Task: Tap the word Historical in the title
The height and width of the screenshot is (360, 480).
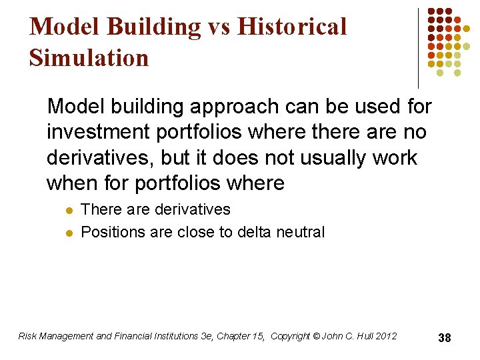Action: pos(292,27)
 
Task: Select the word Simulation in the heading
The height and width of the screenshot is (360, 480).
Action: pos(89,58)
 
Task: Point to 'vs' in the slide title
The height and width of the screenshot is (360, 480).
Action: pos(217,27)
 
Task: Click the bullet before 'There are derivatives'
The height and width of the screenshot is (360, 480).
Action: pos(67,210)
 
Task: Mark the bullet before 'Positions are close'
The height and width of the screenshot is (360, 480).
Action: pos(67,233)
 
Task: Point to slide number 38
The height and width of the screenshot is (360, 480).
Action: pos(445,338)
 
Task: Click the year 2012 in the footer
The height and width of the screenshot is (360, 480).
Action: pos(386,336)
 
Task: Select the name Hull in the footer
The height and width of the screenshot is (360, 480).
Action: pos(363,336)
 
